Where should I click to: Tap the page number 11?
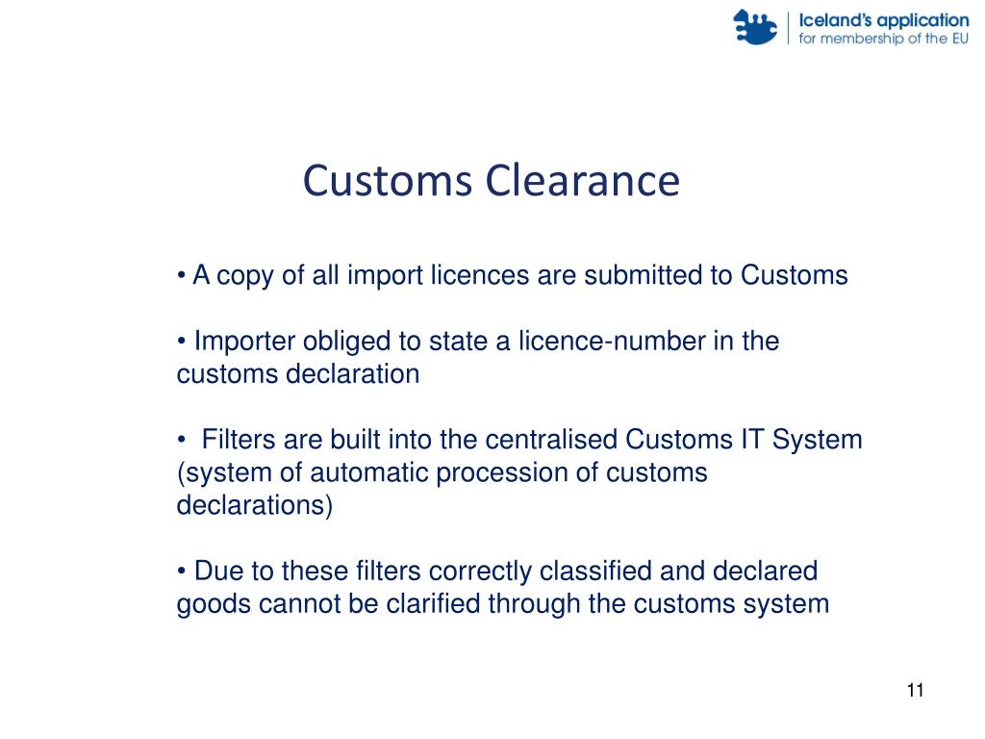(x=915, y=691)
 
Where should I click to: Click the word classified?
(x=595, y=572)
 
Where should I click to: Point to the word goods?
(x=205, y=604)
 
